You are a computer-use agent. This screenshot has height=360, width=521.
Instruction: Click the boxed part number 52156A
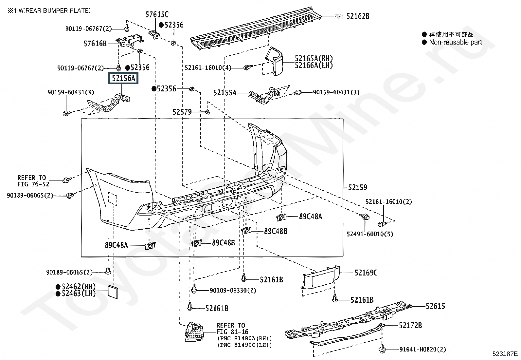click(123, 79)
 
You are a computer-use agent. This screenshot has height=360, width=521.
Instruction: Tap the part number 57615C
click(157, 14)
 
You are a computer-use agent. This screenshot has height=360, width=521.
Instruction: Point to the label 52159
click(357, 187)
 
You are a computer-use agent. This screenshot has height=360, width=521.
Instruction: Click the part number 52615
click(435, 306)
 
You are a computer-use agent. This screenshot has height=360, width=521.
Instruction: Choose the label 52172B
click(410, 326)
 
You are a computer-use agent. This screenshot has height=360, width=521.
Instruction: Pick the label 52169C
click(366, 273)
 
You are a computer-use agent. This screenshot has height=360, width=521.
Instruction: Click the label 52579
click(182, 112)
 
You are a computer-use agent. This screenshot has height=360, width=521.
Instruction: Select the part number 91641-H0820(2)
click(422, 350)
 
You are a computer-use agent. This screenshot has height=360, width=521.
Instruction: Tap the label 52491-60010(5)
click(370, 234)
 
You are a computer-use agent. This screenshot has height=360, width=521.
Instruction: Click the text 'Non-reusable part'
click(456, 42)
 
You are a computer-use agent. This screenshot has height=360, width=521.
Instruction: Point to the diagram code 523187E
click(505, 354)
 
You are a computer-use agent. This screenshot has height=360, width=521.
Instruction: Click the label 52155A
click(225, 93)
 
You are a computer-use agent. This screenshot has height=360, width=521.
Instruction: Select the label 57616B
click(95, 43)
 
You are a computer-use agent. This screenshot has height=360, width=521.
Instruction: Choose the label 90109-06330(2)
click(233, 290)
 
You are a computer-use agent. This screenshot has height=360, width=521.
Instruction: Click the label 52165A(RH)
click(314, 59)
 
